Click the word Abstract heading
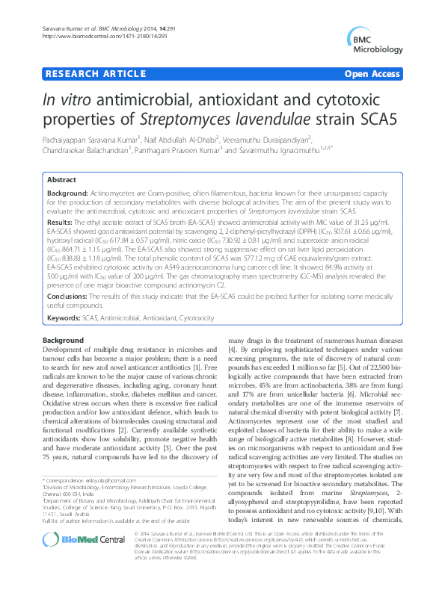pyautogui.click(x=61, y=181)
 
